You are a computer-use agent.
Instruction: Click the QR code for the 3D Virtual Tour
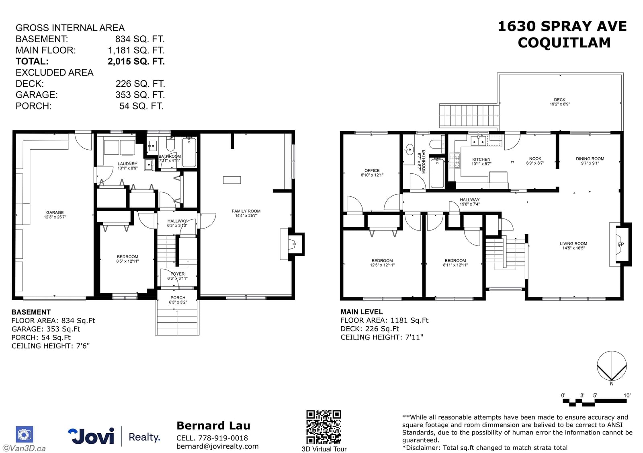[324, 426]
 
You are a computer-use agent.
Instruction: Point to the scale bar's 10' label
[627, 395]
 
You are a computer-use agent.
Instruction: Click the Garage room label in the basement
[55, 212]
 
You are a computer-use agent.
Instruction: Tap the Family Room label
[246, 211]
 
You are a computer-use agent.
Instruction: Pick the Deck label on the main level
[559, 100]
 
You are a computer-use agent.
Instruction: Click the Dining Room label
[590, 159]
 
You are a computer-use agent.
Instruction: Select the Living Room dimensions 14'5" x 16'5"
[573, 248]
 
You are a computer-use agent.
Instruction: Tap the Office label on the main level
[372, 171]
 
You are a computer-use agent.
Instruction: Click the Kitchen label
[481, 159]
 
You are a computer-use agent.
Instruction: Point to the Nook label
[535, 159]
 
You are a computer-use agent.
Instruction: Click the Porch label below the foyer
[178, 298]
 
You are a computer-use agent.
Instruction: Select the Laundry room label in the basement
[127, 164]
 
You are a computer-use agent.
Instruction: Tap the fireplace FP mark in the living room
[621, 245]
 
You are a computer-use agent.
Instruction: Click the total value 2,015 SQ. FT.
[136, 62]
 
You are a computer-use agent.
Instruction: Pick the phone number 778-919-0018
[223, 438]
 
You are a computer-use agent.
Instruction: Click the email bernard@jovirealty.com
[217, 446]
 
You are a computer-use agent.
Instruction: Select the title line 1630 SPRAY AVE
[562, 27]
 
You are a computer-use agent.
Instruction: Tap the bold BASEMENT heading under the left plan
[31, 312]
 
